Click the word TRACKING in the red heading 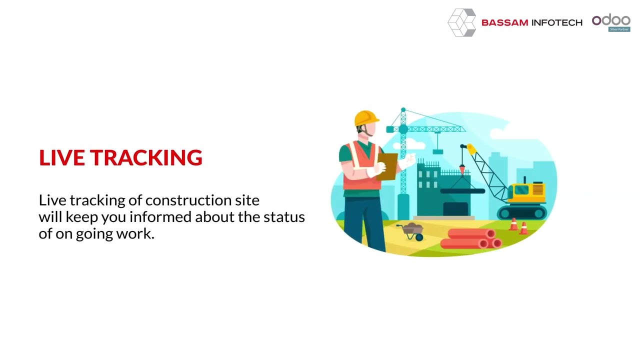click(x=146, y=157)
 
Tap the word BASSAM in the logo click(x=504, y=22)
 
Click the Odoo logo click(x=610, y=20)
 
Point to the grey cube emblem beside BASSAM click(x=461, y=22)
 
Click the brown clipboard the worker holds click(x=388, y=165)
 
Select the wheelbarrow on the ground click(x=411, y=231)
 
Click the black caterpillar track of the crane click(x=521, y=213)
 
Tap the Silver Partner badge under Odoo click(x=619, y=29)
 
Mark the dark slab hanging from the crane click(x=462, y=190)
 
